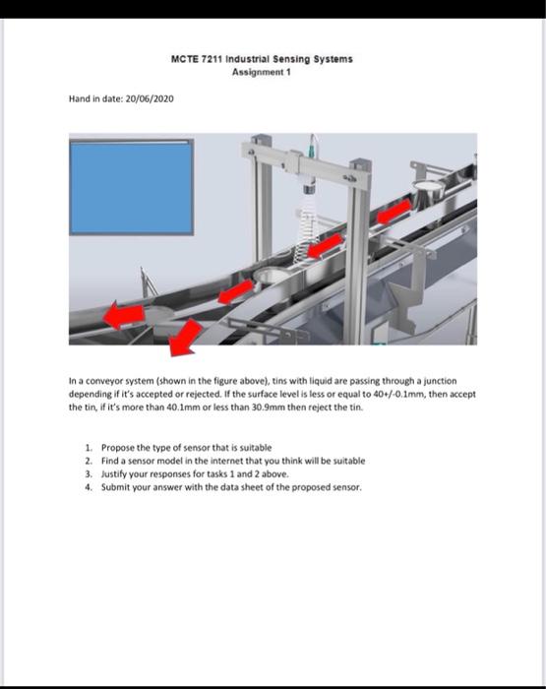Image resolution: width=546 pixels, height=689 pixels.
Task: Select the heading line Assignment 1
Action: click(262, 72)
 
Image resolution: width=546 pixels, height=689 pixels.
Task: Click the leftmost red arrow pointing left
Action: click(122, 314)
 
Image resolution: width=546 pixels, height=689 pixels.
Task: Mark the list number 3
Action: click(89, 471)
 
